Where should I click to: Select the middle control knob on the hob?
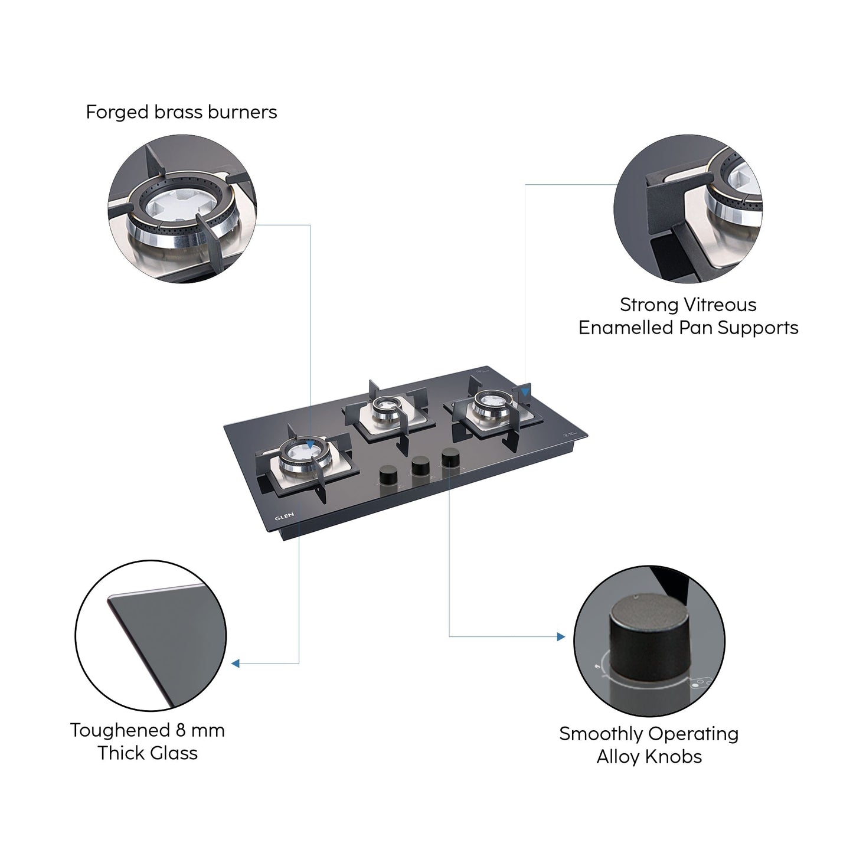click(x=420, y=465)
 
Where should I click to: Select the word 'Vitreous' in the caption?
click(x=719, y=305)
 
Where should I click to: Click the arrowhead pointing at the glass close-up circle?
click(x=235, y=664)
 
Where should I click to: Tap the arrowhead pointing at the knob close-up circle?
click(x=560, y=637)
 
